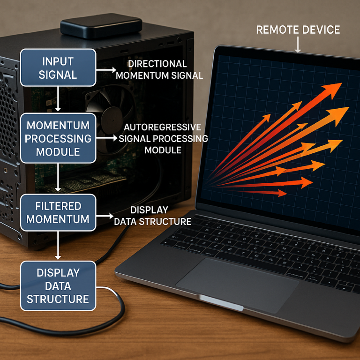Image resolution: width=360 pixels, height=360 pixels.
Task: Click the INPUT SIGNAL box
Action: tap(58, 67)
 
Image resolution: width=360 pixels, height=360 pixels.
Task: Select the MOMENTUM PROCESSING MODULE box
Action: tap(58, 138)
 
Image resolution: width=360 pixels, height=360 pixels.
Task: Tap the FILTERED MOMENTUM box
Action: tap(58, 213)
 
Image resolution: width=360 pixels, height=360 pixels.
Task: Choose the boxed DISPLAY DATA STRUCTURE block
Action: tap(58, 286)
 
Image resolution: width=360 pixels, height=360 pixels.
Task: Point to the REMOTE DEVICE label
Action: tap(298, 30)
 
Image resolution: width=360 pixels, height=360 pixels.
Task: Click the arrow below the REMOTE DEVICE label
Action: tap(298, 45)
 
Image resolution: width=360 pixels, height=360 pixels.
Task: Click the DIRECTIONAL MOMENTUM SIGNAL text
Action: tap(159, 69)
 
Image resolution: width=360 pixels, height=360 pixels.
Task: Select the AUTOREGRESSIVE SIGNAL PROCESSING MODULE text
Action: tap(163, 138)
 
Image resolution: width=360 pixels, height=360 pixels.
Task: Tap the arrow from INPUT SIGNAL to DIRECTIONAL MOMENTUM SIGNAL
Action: tap(106, 70)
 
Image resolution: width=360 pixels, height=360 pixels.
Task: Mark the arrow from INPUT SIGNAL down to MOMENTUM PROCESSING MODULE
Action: tap(58, 99)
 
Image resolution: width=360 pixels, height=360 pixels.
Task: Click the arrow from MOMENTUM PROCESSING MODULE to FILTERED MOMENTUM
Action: tap(58, 178)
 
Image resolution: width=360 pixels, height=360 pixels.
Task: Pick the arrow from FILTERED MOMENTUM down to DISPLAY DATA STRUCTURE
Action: tap(58, 246)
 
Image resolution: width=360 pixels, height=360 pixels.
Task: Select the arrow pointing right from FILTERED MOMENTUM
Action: tap(105, 216)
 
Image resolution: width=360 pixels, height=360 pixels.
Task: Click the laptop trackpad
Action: tap(237, 285)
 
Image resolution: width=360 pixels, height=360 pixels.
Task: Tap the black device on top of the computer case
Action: tap(101, 25)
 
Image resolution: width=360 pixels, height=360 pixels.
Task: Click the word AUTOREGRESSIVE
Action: tap(162, 127)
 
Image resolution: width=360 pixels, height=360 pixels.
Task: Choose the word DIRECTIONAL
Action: tap(157, 64)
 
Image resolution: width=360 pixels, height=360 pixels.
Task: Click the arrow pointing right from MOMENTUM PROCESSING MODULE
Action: tap(107, 138)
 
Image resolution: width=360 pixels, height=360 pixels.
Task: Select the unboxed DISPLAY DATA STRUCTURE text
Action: tap(153, 216)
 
